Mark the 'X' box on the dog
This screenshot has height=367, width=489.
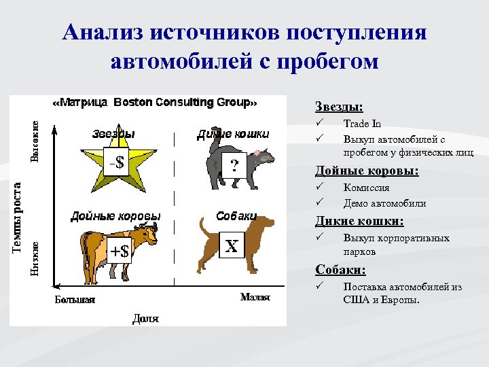click(232, 245)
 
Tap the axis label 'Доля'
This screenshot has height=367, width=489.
click(145, 317)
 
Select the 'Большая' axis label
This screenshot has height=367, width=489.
click(75, 299)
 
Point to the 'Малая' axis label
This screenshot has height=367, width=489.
click(255, 297)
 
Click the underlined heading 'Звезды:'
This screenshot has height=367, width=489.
click(338, 107)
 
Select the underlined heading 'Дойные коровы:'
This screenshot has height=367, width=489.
click(367, 171)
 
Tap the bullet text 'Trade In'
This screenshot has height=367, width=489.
click(362, 124)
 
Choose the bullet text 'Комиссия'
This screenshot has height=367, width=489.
click(366, 188)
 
